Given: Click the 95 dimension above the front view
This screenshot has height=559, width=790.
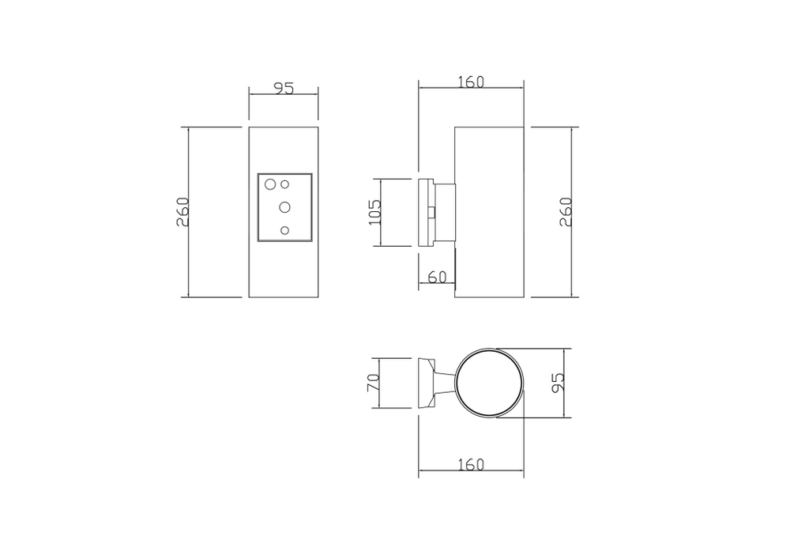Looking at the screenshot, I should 284,88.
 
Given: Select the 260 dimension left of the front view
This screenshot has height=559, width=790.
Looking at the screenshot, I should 182,212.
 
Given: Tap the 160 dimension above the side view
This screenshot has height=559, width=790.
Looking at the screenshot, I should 471,81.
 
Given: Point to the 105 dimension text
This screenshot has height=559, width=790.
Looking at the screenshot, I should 374,213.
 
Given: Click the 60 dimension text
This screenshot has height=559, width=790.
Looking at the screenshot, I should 436,277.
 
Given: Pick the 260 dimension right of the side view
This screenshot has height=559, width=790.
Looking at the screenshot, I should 566,212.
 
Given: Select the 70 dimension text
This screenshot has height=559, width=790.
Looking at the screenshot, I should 374,383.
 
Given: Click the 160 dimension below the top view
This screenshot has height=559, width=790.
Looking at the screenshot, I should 471,465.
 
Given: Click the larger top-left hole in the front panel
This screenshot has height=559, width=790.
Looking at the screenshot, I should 270,185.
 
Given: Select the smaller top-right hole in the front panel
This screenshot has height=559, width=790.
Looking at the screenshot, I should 285,183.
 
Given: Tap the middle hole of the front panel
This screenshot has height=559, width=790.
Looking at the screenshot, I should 284,206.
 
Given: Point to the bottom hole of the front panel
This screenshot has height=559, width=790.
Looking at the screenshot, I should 285,230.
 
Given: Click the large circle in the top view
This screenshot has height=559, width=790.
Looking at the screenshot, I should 489,383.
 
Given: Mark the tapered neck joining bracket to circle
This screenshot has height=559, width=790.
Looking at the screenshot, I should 446,383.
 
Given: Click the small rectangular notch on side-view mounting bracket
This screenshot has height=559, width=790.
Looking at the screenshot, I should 431,212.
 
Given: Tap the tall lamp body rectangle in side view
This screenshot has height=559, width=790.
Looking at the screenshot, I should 489,212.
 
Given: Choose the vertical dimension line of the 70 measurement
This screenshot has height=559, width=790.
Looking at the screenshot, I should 382,383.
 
